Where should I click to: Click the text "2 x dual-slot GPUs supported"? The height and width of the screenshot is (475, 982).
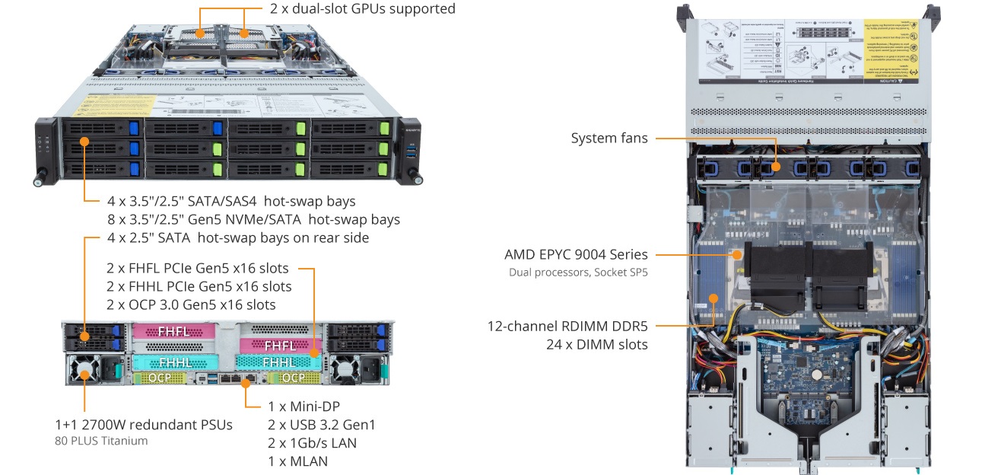point(363,9)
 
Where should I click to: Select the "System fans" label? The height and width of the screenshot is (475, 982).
point(609,139)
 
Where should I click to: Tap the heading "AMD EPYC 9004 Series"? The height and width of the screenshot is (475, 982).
point(576,255)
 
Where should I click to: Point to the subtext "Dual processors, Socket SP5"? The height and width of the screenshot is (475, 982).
point(578,272)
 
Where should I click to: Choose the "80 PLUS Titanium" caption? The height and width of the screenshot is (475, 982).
point(101,441)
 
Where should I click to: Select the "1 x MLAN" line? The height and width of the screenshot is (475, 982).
point(297,461)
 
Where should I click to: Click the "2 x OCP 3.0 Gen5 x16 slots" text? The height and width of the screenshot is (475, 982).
point(191,304)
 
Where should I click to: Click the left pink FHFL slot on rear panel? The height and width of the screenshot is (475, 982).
point(174,332)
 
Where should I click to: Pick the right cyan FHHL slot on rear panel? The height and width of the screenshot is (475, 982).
point(278,362)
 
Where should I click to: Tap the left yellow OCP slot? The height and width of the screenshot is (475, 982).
point(159,378)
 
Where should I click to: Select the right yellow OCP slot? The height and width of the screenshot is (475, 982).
point(293,378)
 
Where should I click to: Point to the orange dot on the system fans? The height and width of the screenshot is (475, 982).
point(776,167)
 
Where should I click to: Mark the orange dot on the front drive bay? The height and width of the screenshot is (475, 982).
point(84,142)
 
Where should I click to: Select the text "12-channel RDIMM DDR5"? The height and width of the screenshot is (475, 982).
point(567,327)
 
